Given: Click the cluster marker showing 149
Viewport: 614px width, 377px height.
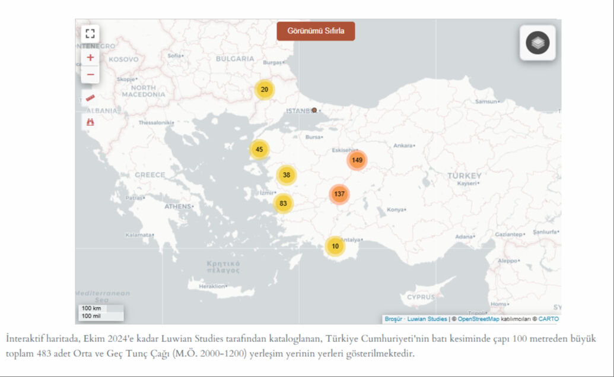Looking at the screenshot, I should pos(357,160).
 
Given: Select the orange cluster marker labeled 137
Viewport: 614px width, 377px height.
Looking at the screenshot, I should pos(339,194).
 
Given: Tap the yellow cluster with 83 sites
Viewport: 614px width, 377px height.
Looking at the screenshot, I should pos(283,204).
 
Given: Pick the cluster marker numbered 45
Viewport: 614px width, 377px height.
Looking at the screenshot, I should pos(259,150).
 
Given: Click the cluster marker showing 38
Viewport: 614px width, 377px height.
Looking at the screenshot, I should pos(287,175).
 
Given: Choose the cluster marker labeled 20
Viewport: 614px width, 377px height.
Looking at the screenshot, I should pos(265,90).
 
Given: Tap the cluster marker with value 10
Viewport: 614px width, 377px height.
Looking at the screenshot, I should pos(335,246).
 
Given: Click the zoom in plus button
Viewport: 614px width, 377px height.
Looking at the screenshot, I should pos(90,58).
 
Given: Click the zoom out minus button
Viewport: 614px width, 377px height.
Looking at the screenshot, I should pos(90,74).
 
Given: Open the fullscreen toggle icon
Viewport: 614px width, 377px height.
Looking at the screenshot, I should pos(90,33).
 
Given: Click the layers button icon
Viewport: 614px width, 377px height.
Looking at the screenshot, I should pos(537,43).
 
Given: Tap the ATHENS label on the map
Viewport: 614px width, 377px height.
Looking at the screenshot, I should pos(177,206).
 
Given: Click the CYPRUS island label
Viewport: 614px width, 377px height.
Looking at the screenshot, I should pos(421,296).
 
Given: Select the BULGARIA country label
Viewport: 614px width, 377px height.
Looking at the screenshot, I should pos(235,59).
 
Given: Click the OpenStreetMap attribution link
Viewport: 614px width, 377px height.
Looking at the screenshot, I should pos(478,319).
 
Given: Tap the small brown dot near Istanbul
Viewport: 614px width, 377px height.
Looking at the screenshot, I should pos(314,110).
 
